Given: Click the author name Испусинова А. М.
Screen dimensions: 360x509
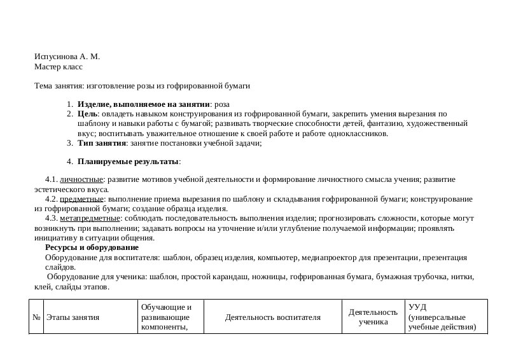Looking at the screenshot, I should (x=67, y=57).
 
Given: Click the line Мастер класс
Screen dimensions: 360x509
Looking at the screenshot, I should (x=59, y=66).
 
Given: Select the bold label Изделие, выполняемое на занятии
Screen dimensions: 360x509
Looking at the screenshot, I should (x=143, y=104).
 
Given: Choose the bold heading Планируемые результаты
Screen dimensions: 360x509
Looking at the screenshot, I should (x=129, y=162).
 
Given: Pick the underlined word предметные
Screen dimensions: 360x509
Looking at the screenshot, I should (x=81, y=199).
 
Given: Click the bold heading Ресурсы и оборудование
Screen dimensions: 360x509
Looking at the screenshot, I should (x=92, y=247).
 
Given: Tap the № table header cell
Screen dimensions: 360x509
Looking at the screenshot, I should (x=36, y=317).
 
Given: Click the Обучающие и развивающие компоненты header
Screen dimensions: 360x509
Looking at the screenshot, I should (x=167, y=317).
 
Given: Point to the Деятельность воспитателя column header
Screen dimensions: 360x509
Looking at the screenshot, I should (x=273, y=317).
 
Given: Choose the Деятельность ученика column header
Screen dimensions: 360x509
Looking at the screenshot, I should (x=373, y=317).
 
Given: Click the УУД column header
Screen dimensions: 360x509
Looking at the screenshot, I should (x=442, y=317).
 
